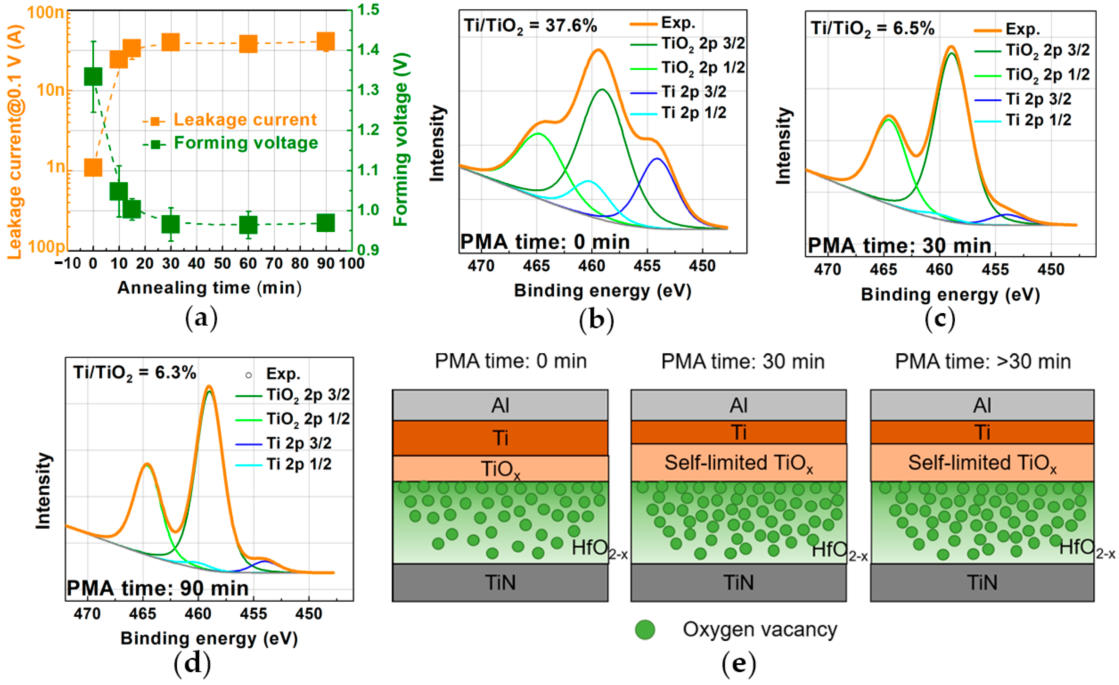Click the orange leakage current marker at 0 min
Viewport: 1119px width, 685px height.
point(93,168)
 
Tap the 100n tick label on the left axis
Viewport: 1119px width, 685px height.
point(45,12)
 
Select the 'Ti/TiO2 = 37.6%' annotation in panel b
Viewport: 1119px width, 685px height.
point(530,26)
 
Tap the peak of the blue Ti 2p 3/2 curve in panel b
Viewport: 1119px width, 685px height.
point(657,159)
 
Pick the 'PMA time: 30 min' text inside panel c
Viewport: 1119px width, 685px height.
point(899,246)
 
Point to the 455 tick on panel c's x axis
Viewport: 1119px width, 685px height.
point(995,270)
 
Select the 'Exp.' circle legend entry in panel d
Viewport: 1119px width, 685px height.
point(273,374)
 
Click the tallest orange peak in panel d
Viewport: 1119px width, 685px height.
point(209,387)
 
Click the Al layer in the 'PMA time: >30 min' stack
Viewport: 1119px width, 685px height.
point(982,405)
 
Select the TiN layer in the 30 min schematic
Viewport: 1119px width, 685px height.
point(739,583)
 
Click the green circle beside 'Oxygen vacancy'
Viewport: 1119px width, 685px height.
point(645,630)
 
